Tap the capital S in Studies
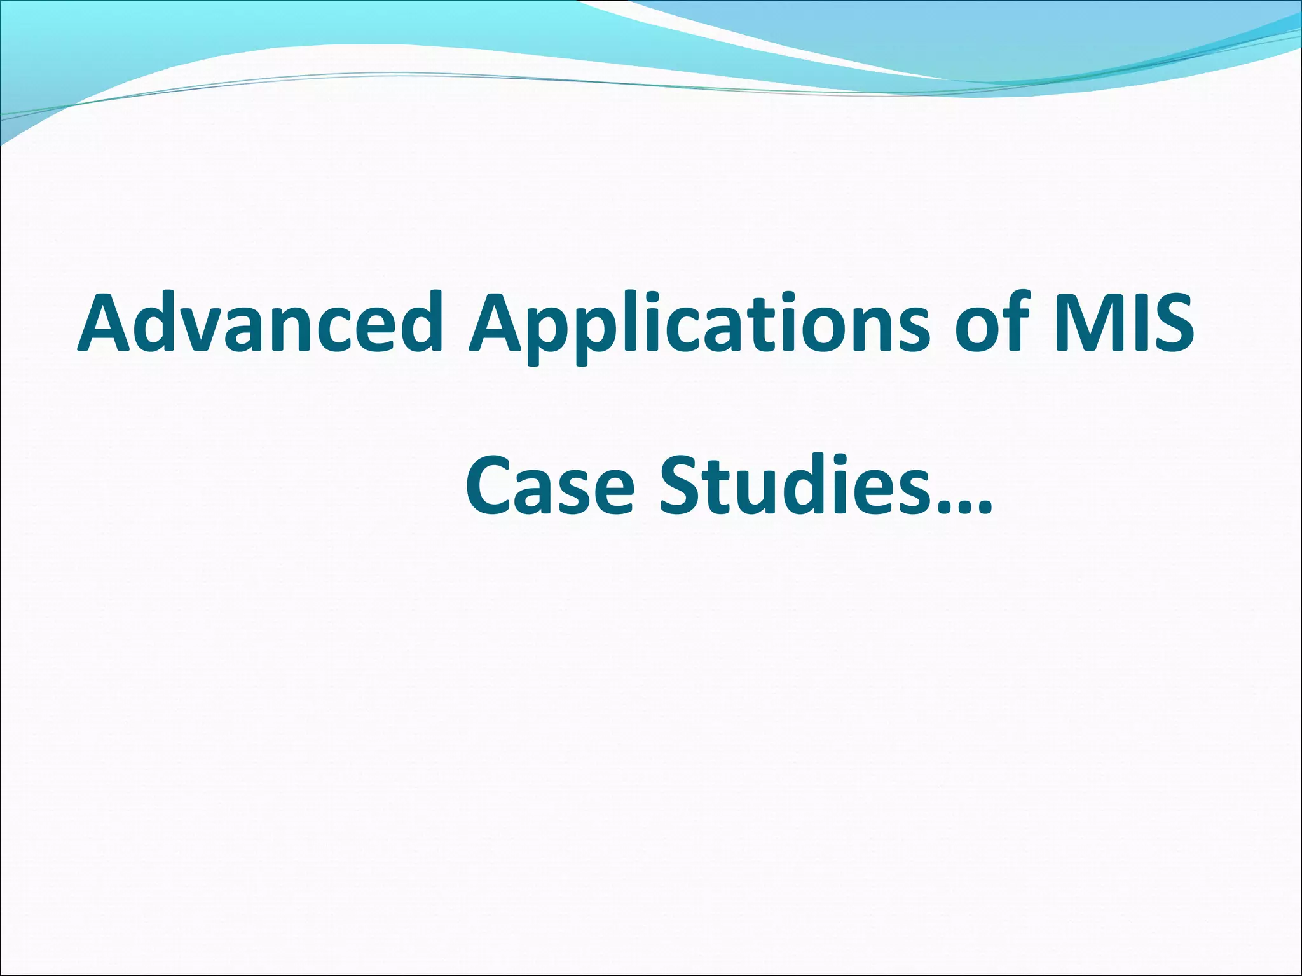coord(681,485)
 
